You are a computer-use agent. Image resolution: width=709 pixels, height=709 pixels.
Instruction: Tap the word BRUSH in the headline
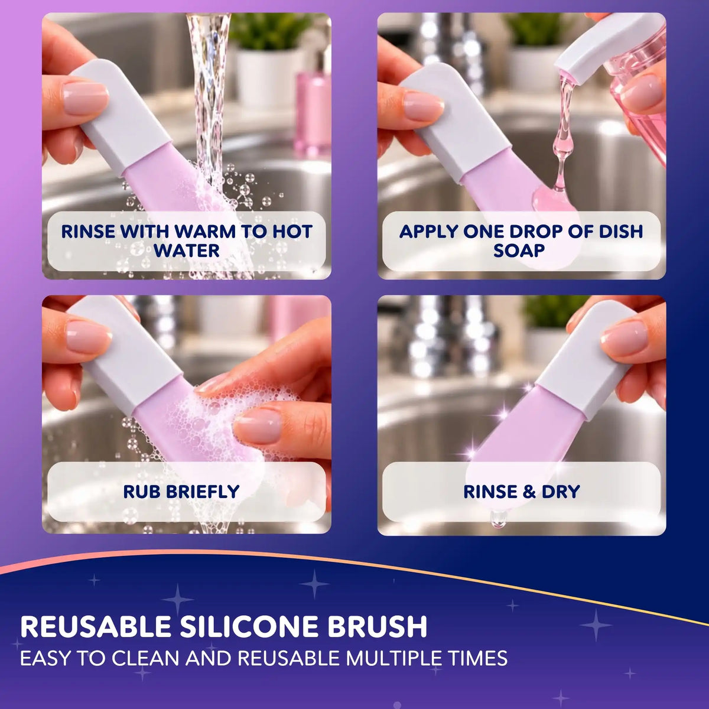pos(377,626)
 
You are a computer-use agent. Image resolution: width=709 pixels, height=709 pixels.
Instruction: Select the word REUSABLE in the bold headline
pos(96,626)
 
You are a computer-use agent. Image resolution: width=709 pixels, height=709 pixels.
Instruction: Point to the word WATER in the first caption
pos(187,250)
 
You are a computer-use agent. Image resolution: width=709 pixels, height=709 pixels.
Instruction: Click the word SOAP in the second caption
pos(519,250)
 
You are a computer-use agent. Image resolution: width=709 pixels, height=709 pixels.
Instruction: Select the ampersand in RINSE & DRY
pos(529,491)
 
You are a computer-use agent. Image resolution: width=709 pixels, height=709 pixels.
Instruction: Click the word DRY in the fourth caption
pos(560,491)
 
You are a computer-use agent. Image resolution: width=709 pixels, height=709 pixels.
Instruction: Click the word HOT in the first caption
pos(292,232)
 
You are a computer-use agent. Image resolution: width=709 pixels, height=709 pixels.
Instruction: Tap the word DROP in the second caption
pos(536,232)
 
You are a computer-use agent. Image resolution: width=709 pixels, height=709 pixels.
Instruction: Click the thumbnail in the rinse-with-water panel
pos(86,97)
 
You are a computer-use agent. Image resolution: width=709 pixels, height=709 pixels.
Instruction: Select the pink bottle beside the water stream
pos(313,110)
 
